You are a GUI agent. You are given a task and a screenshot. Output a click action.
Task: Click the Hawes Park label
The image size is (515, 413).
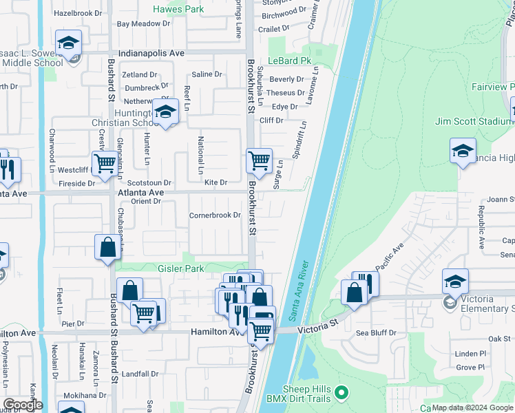[x=178, y=10]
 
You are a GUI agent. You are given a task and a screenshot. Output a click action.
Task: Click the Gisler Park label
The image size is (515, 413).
[x=180, y=268]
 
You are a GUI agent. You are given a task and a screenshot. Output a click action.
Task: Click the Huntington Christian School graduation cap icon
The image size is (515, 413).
[x=165, y=112]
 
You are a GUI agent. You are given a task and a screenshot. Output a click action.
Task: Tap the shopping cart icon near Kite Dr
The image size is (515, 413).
[x=259, y=161]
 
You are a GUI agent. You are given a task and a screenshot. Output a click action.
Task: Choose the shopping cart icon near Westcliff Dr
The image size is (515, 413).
[x=105, y=164]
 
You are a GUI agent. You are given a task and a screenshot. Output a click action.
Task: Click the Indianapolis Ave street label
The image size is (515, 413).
[x=151, y=52]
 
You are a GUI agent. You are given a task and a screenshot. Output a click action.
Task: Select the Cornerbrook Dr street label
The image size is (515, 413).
[x=215, y=215]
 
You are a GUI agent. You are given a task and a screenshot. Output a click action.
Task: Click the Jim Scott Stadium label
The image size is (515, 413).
[x=474, y=121]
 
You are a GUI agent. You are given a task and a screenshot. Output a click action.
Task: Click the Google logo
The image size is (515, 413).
[x=23, y=404]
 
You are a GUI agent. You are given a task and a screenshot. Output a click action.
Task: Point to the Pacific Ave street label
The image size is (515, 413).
[x=390, y=257]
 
